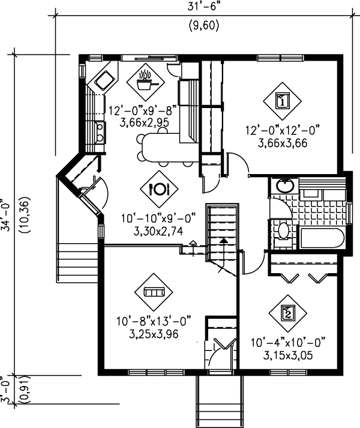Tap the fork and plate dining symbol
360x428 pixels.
159,188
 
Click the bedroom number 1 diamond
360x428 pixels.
281,100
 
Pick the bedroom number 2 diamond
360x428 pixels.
289,313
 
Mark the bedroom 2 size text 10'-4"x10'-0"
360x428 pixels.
289,343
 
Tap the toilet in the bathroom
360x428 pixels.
283,232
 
